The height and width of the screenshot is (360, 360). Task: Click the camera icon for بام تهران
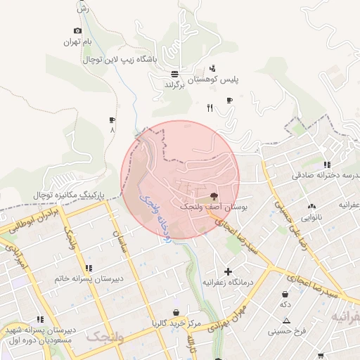77,31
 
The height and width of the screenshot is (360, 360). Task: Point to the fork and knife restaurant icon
209,108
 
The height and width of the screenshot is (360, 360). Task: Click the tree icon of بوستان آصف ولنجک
214,196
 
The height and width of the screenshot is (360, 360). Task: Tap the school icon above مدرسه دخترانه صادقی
326,164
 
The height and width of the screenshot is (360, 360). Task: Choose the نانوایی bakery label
311,217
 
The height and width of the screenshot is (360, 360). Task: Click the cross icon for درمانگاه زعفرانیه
228,271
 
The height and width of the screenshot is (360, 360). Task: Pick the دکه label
285,304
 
